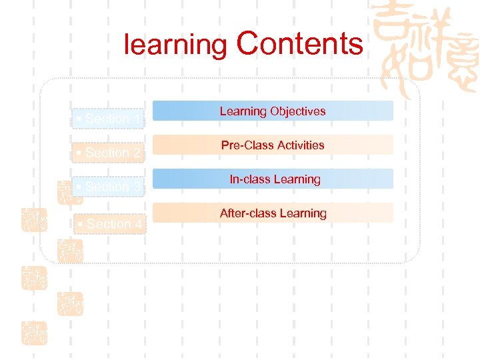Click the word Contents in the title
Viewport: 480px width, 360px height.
(x=299, y=44)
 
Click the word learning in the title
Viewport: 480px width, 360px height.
(x=176, y=45)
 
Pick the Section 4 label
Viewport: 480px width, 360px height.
(x=111, y=224)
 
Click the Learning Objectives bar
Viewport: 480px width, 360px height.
(x=273, y=111)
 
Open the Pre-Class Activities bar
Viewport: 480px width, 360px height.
(x=273, y=145)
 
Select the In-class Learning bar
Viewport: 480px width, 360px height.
(x=273, y=179)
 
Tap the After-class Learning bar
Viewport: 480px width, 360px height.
(x=273, y=213)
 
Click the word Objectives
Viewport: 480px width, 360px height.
(x=298, y=111)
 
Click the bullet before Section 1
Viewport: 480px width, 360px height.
(x=79, y=119)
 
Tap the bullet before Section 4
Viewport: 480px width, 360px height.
(x=79, y=224)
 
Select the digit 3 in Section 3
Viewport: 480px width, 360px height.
(x=137, y=187)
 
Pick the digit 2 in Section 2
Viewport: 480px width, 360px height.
(x=137, y=153)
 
